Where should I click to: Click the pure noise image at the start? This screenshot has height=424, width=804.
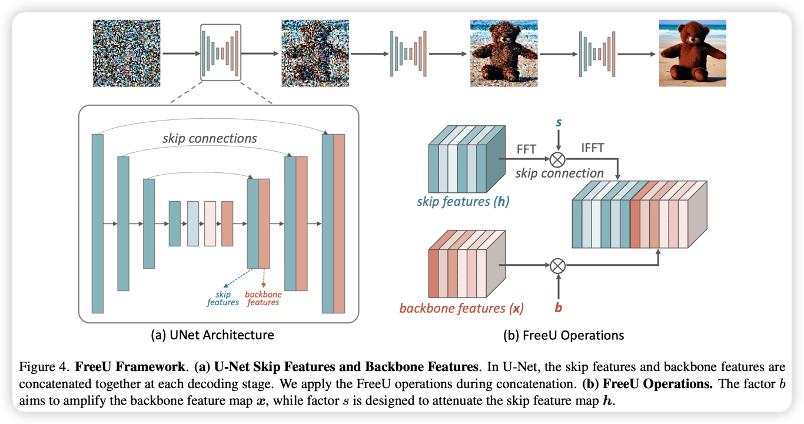click(127, 53)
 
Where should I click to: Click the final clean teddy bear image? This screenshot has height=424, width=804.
click(693, 53)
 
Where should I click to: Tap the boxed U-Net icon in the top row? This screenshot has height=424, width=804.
click(221, 52)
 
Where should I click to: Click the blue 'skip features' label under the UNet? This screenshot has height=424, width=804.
click(222, 298)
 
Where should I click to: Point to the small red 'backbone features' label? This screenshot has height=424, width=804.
click(263, 298)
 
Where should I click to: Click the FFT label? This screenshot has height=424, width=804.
click(526, 149)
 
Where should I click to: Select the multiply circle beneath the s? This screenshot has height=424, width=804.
click(557, 159)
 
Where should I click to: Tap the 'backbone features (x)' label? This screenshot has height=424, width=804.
click(461, 308)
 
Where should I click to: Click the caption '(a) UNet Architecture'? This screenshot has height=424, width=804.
click(212, 336)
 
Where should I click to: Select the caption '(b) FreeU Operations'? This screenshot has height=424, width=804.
click(564, 336)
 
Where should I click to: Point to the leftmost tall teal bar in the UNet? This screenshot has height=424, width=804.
click(98, 223)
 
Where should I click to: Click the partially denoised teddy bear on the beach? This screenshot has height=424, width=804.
click(504, 53)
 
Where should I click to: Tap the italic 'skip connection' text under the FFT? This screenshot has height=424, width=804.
click(559, 173)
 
